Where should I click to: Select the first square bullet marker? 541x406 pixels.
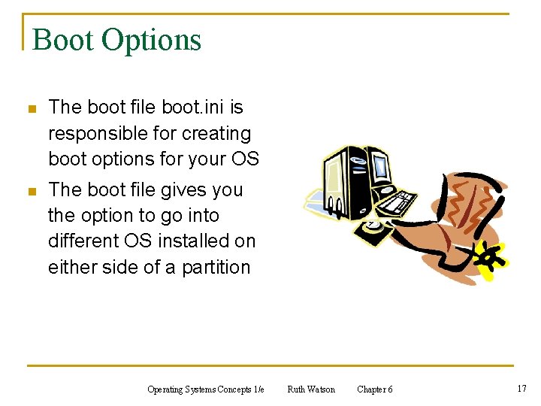31,110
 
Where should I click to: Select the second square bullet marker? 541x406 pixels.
31,192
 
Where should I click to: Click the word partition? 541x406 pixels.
216,268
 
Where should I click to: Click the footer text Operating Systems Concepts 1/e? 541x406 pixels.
206,389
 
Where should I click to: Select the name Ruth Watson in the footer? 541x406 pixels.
311,389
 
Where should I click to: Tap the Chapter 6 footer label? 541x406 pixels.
374,389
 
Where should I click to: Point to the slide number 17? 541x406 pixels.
521,389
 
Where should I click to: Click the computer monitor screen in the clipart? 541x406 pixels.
379,167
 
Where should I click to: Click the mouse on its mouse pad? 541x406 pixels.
372,223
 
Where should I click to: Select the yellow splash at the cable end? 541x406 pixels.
492,259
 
